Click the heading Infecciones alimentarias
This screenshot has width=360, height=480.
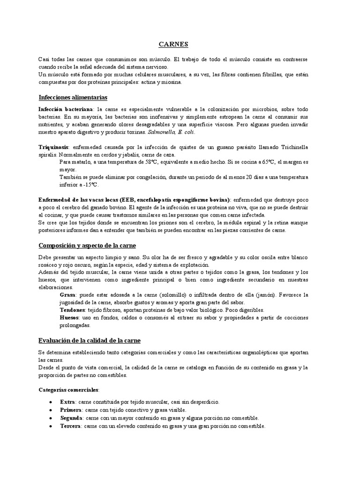[73, 97]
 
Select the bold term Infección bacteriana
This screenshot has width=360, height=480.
[66, 109]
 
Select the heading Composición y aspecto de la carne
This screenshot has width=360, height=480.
[87, 245]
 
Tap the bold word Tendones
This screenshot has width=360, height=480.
[72, 310]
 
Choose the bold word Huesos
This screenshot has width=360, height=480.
[69, 318]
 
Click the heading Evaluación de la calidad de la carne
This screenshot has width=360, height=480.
[89, 340]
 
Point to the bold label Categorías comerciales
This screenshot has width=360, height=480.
[68, 390]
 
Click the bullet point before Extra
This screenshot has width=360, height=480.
[50, 402]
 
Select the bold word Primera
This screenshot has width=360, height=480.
[71, 410]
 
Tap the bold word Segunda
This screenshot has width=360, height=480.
[71, 418]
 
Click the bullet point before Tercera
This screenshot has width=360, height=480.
[50, 426]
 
